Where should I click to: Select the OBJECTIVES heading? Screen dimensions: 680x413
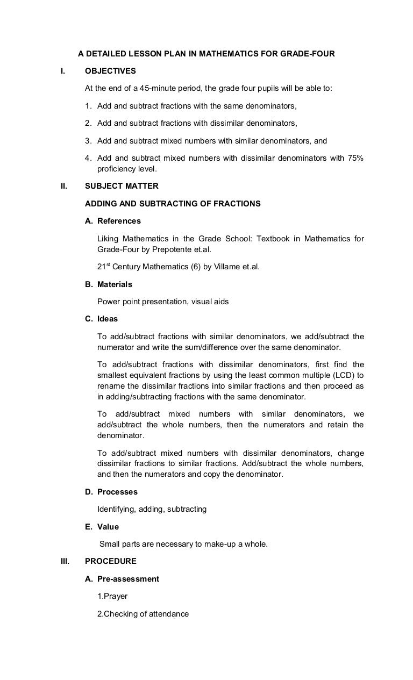point(110,71)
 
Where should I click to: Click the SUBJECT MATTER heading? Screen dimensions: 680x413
point(122,187)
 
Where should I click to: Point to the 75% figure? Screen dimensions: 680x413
point(354,158)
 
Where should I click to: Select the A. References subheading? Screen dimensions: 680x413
point(113,221)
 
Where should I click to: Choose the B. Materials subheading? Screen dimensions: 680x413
point(109,284)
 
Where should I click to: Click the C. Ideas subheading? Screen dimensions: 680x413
point(102,319)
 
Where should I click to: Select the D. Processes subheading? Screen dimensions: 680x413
point(111,492)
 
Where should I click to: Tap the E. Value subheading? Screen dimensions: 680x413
point(102,527)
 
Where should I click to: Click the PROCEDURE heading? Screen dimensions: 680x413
point(111,561)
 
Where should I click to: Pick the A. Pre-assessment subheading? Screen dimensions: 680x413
point(122,579)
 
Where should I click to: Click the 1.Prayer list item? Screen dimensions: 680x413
point(112,596)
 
